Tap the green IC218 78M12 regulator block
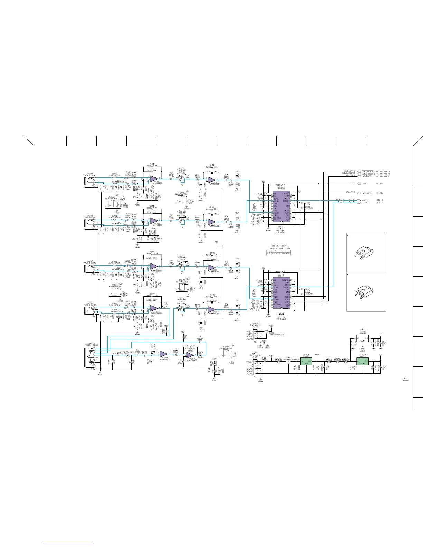point(306,362)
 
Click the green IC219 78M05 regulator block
point(363,362)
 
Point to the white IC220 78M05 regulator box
point(363,340)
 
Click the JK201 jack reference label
point(90,174)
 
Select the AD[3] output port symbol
point(361,200)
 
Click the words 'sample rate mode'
point(279,249)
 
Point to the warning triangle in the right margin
point(406,379)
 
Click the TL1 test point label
point(380,334)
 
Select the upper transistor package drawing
point(361,254)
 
